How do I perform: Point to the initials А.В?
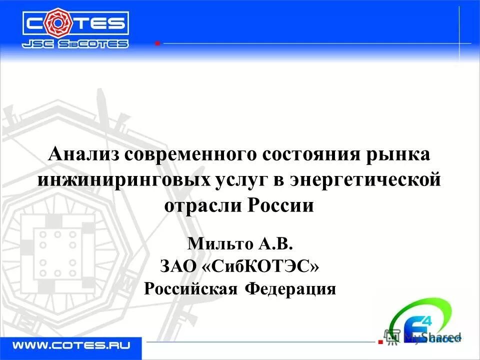(x=274, y=244)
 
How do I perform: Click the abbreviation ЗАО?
(x=178, y=266)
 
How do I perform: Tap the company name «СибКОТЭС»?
(x=260, y=266)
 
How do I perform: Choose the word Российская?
(x=190, y=288)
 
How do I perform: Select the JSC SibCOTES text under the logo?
(x=75, y=44)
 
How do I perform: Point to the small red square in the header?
(x=157, y=43)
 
